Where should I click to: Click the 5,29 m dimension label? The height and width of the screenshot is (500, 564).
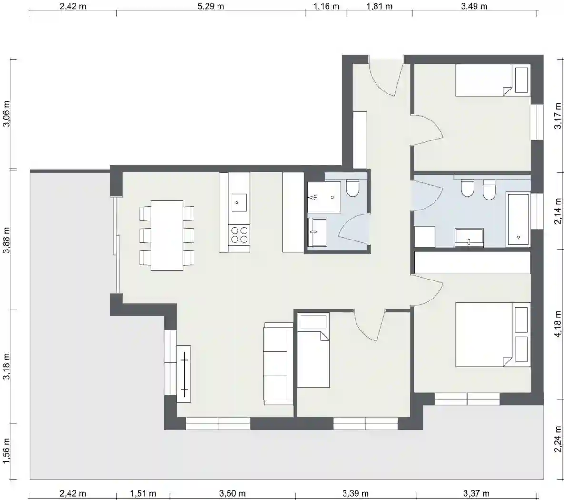pos(211,6)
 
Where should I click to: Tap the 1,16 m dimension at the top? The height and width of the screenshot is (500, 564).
pos(326,6)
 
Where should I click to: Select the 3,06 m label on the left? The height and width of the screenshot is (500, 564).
pos(7,114)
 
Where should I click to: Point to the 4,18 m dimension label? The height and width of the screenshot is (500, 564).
pos(557,324)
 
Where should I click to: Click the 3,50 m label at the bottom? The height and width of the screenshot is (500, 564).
pos(232,493)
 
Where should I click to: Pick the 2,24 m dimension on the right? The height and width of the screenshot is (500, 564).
pos(557,439)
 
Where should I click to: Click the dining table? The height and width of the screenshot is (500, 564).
pos(167,235)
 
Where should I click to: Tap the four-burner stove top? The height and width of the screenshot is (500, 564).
pos(239,234)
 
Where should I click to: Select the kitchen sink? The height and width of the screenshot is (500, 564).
pos(239,203)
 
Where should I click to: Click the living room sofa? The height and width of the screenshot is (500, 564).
pos(279,363)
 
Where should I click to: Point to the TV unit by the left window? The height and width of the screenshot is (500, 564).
pos(183,374)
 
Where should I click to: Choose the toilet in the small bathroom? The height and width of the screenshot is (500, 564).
pos(353,188)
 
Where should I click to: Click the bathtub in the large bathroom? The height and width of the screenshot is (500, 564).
pos(518,219)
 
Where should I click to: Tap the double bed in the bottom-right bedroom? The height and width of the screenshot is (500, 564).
pos(493,334)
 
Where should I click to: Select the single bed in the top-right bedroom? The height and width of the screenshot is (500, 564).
pos(493,80)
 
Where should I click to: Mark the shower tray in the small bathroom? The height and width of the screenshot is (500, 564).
pos(324,197)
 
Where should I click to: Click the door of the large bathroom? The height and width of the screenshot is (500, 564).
pos(427,195)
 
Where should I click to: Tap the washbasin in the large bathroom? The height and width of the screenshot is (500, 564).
pos(469,238)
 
